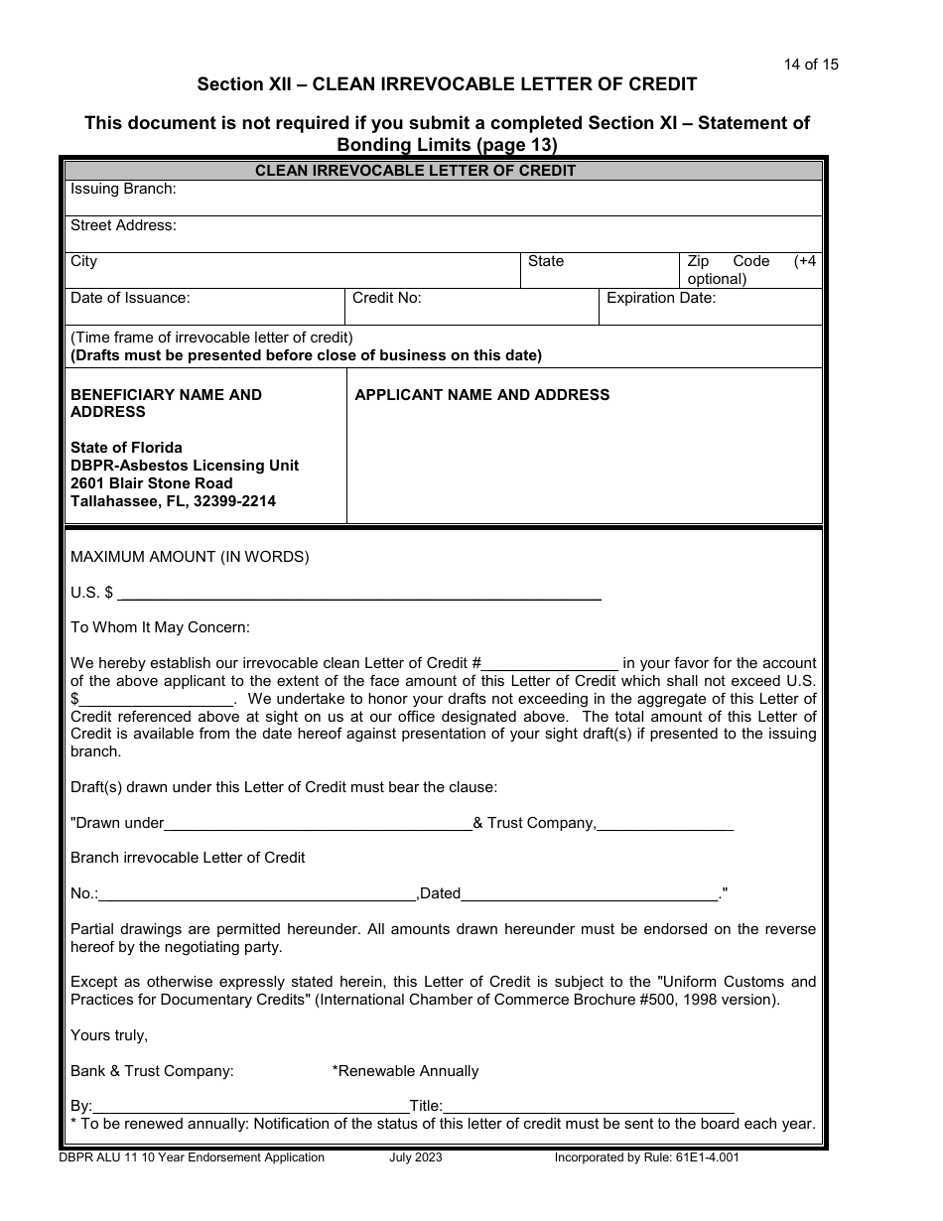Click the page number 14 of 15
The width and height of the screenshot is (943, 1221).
pyautogui.click(x=810, y=65)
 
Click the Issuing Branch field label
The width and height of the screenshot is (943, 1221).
pyautogui.click(x=123, y=189)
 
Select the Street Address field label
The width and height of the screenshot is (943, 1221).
pyautogui.click(x=123, y=225)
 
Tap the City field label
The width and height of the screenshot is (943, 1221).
pyautogui.click(x=84, y=261)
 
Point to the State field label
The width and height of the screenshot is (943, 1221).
pyautogui.click(x=545, y=261)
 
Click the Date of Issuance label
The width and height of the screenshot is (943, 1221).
pyautogui.click(x=130, y=297)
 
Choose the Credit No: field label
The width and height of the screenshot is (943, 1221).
pyautogui.click(x=387, y=297)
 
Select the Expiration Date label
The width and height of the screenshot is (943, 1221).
pyautogui.click(x=661, y=297)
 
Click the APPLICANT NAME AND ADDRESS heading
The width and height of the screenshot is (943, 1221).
pyautogui.click(x=482, y=395)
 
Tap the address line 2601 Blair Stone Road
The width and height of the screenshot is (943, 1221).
pyautogui.click(x=152, y=483)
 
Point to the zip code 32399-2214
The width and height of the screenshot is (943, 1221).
pyautogui.click(x=235, y=501)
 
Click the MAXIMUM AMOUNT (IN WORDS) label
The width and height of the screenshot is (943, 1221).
pyautogui.click(x=190, y=557)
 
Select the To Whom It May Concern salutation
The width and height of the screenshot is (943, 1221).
pyautogui.click(x=161, y=627)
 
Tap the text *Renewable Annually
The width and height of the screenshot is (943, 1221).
pyautogui.click(x=405, y=1071)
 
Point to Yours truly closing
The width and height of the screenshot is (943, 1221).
pyautogui.click(x=109, y=1035)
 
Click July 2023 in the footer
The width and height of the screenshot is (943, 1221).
pyautogui.click(x=416, y=1157)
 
